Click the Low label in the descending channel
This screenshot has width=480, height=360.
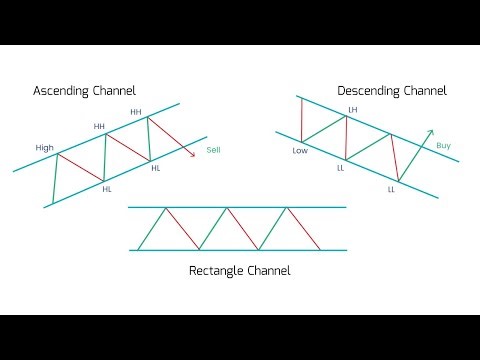click(299, 151)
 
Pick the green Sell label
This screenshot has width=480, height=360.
click(213, 151)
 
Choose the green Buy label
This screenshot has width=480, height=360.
click(444, 146)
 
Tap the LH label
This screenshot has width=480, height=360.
click(352, 109)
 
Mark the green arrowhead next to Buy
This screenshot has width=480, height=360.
click(431, 131)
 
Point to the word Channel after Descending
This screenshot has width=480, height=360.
click(424, 91)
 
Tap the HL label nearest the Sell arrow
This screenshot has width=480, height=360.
click(155, 168)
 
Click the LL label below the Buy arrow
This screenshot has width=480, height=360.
click(392, 189)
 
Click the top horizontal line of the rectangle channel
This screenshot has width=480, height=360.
click(240, 207)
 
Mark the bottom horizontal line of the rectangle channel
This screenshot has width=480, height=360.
click(240, 250)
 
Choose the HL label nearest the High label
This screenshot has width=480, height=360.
click(106, 189)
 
